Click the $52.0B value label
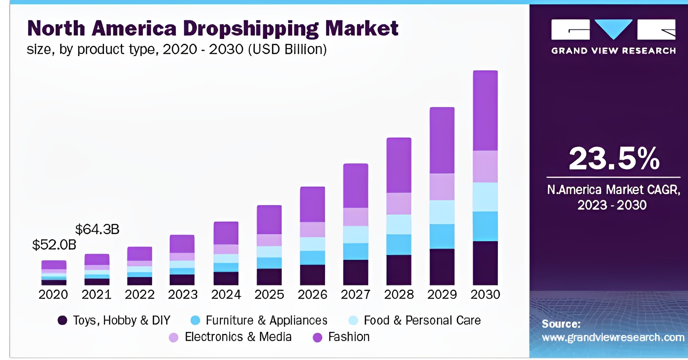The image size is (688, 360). click(x=54, y=245)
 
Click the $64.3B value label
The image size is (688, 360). click(x=97, y=229)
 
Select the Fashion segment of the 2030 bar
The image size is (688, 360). click(x=485, y=110)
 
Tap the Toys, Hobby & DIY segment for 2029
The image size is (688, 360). click(x=442, y=266)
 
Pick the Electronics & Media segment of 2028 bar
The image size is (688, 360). click(x=399, y=203)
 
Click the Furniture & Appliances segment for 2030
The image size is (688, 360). click(x=485, y=226)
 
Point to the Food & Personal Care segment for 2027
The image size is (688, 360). click(x=356, y=234)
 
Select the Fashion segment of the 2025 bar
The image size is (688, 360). click(x=269, y=220)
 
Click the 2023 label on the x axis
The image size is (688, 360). click(x=183, y=295)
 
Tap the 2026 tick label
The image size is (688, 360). click(x=312, y=295)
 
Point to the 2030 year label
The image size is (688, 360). click(x=485, y=295)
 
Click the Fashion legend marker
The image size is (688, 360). click(x=317, y=338)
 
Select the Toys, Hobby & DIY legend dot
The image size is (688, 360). click(x=62, y=320)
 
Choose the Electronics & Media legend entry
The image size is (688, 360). click(x=238, y=337)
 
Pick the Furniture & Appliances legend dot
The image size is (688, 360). click(x=195, y=320)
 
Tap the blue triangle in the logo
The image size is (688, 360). click(x=613, y=28)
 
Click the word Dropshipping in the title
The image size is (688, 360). click(x=251, y=29)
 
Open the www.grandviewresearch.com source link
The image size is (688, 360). click(x=613, y=338)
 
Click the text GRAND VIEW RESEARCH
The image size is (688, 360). click(x=613, y=51)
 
